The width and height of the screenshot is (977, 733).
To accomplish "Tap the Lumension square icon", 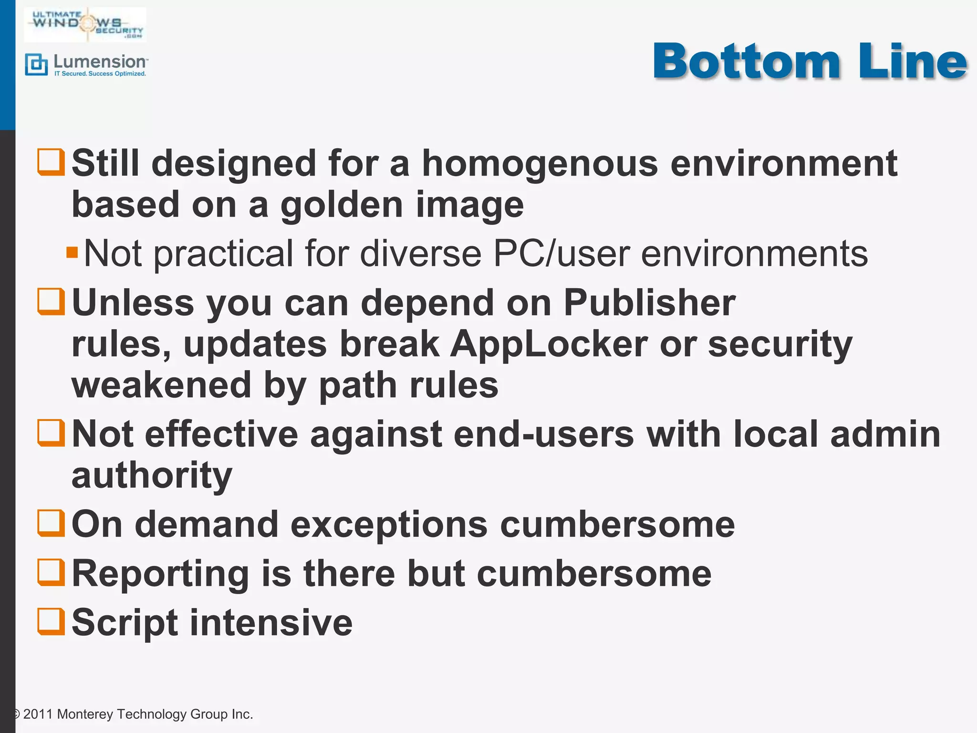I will point(36,65).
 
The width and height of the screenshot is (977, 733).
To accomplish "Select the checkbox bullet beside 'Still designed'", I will point(51,162).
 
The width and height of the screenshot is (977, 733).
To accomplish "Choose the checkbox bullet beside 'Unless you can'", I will point(51,302).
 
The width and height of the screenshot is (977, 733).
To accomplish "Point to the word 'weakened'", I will point(161,385).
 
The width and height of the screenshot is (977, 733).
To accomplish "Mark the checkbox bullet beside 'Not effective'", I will point(51,433).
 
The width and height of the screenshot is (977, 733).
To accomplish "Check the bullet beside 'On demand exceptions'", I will point(51,523).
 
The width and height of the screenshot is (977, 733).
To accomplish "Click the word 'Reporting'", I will point(160,574).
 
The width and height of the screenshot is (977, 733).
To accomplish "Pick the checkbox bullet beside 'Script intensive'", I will point(51,621).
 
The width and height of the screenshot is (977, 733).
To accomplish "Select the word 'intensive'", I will point(271,622).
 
